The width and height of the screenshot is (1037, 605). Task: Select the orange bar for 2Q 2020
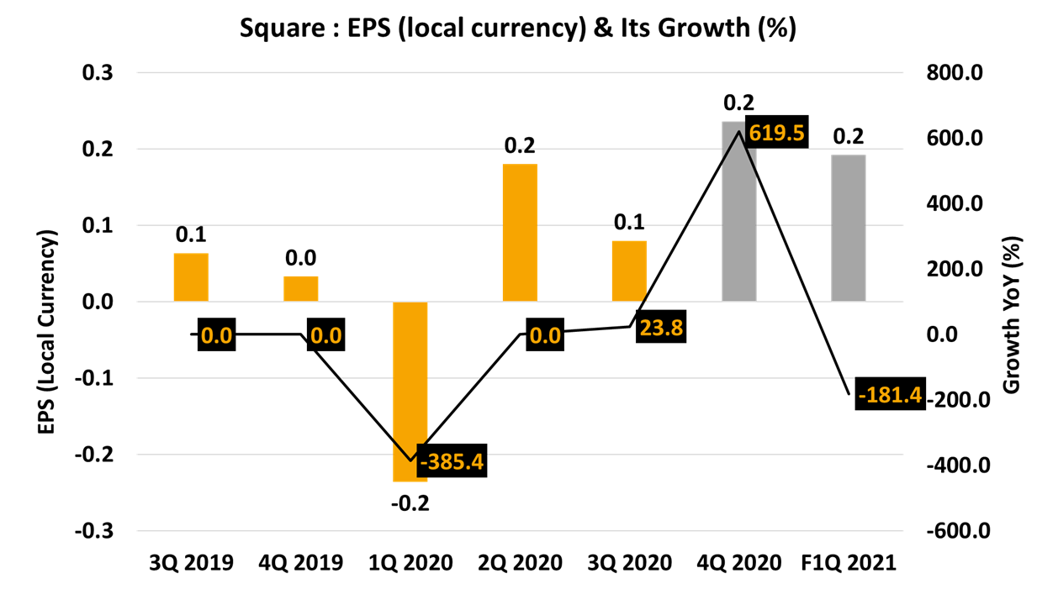(520, 232)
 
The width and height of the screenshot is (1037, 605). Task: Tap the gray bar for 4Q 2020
(738, 211)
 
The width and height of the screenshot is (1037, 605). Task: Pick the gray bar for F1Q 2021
(848, 228)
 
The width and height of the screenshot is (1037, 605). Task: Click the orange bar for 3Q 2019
(191, 276)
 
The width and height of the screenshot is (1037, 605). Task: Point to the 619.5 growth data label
(775, 133)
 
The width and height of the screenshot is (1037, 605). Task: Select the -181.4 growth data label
(889, 393)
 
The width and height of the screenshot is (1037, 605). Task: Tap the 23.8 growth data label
(660, 327)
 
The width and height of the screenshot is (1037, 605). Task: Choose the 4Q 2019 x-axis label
(301, 562)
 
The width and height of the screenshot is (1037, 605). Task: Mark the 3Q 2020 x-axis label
(629, 562)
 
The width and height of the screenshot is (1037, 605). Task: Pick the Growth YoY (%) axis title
(1012, 313)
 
